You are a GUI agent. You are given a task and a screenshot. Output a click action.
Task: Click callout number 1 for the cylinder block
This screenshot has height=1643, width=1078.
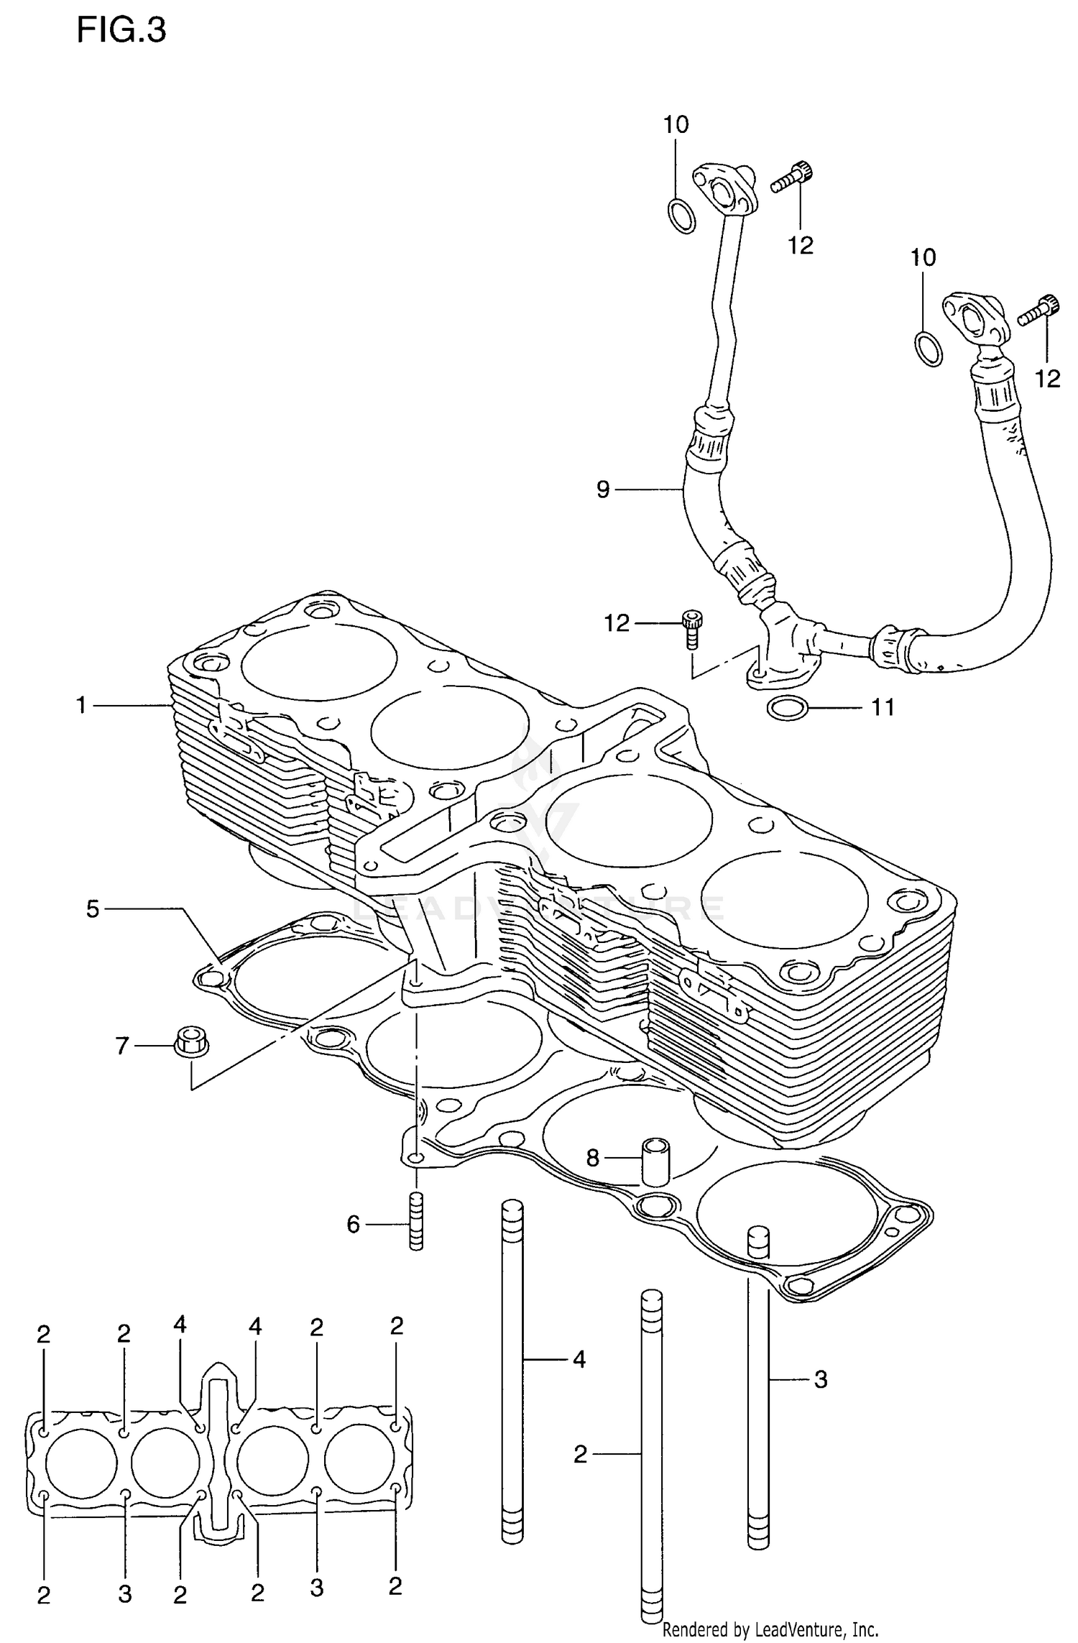81,706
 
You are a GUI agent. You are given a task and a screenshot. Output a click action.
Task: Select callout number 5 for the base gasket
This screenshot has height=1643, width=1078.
92,908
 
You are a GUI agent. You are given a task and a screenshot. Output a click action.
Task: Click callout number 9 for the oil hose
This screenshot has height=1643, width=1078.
602,489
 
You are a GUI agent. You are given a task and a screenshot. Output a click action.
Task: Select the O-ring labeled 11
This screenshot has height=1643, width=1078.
788,709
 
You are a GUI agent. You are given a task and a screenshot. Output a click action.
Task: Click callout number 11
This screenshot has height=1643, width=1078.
883,708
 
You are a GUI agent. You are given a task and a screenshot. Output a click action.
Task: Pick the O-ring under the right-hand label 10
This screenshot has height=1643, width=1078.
929,349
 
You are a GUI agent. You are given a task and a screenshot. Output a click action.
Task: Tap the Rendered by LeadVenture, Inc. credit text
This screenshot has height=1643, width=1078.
770,1629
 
